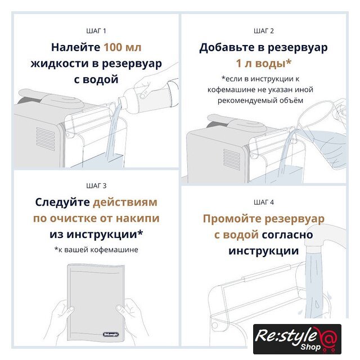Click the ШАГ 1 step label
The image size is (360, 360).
click(x=96, y=31)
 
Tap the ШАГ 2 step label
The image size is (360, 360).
click(x=264, y=31)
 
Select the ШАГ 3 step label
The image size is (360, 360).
click(x=96, y=186)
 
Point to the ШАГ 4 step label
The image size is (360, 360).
click(x=264, y=202)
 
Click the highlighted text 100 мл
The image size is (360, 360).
click(x=123, y=47)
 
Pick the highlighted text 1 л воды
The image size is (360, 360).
click(x=264, y=64)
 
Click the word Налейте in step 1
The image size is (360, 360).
click(x=75, y=47)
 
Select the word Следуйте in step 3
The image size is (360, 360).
click(x=62, y=202)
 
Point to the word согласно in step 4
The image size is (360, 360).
click(x=287, y=235)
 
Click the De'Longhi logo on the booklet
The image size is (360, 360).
click(x=111, y=334)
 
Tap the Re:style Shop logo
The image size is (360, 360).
click(x=297, y=339)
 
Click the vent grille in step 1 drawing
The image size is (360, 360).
click(x=46, y=139)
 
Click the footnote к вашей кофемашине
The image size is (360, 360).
click(x=96, y=250)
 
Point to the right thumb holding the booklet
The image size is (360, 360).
click(x=120, y=308)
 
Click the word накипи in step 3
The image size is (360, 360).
click(x=137, y=218)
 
